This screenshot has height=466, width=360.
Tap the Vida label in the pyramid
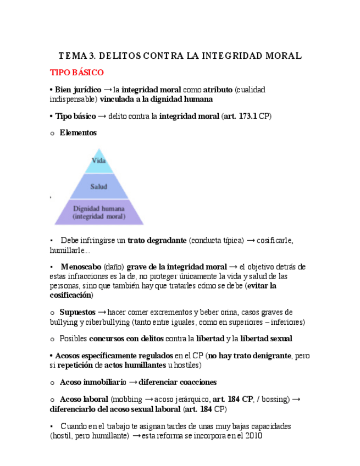point(98,161)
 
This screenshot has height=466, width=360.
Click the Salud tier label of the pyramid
point(99,186)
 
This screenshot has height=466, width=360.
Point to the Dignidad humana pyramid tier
point(99,212)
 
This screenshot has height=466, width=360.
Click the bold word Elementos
point(78,132)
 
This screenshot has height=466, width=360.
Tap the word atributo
point(218,90)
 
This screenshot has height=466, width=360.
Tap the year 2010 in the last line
point(254,436)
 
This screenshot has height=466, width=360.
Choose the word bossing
point(273,399)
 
